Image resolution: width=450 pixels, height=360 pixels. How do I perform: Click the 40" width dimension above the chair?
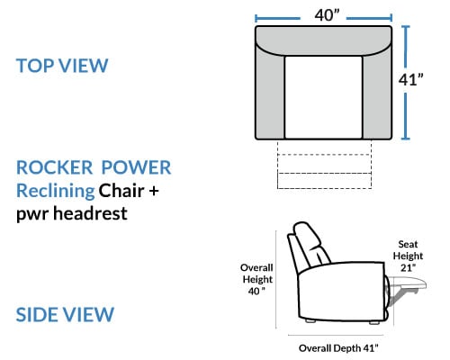[327, 15]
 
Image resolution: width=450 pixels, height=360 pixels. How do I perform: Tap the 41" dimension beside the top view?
[410, 80]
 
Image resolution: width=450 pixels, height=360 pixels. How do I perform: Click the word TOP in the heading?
[35, 66]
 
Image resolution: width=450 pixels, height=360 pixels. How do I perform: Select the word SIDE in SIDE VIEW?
[36, 314]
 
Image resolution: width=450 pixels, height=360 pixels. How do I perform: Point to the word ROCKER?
[54, 167]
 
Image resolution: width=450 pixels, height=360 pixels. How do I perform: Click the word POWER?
[136, 167]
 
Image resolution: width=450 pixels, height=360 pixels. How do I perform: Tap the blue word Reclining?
[56, 192]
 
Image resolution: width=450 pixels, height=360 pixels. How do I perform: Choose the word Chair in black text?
[121, 191]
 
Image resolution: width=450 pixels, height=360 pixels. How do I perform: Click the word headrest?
[90, 213]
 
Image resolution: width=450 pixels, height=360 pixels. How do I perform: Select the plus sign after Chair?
[154, 192]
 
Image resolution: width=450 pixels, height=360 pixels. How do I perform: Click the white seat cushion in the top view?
[323, 97]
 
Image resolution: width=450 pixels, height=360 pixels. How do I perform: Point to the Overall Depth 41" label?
[338, 348]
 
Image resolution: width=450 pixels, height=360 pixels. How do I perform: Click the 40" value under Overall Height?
[256, 291]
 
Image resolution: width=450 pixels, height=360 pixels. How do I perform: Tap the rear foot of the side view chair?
[311, 320]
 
